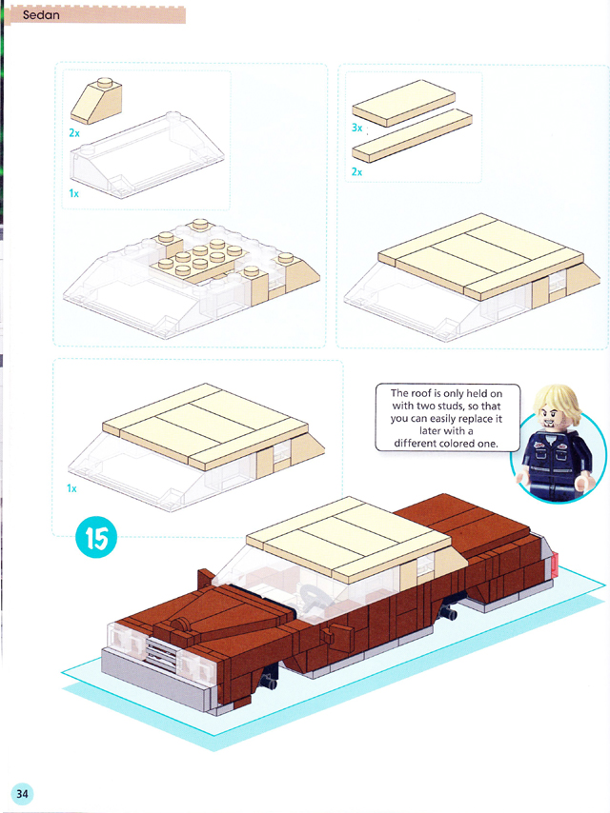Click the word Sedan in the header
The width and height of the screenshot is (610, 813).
tap(41, 15)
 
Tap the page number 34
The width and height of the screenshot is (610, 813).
tap(22, 793)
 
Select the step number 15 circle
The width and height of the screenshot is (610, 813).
tap(96, 537)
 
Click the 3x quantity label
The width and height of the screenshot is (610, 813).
tap(356, 127)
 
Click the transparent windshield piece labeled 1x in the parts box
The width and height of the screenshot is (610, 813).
tap(148, 154)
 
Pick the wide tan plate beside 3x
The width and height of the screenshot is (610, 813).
tap(403, 103)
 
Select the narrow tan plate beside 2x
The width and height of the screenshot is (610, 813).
tap(412, 135)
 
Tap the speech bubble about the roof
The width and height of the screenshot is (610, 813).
tap(448, 417)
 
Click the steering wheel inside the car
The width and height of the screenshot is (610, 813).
tap(315, 595)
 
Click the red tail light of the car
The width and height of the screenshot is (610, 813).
tap(555, 564)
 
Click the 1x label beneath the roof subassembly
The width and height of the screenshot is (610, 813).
tap(71, 488)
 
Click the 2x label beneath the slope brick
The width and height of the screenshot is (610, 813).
tap(74, 133)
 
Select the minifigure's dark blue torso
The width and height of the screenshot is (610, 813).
tap(556, 456)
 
